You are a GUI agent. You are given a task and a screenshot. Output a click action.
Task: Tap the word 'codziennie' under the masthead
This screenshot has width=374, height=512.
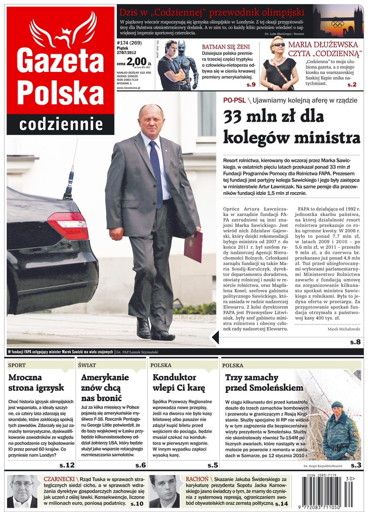coord(61,124)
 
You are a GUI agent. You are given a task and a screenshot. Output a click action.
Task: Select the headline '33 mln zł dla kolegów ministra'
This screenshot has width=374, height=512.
coord(291,127)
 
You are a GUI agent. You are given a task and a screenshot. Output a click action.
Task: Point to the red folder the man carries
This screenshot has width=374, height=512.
coord(193,246)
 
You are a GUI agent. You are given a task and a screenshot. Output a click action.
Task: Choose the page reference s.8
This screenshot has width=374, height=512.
coord(355,342)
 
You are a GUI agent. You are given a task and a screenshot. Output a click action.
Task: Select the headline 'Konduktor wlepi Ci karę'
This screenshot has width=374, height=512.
coord(174,382)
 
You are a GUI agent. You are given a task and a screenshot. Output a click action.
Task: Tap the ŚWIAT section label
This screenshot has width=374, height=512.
coord(88,365)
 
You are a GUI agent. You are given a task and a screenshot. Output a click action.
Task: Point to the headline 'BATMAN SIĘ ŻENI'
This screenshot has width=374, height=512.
coord(225,47)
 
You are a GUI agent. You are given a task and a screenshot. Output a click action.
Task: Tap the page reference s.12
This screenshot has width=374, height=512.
coord(67,465)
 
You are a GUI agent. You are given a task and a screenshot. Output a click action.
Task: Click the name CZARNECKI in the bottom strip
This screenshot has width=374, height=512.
coord(59,479)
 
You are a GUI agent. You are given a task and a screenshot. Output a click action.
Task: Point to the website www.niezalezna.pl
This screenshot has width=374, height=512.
coord(129,87)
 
